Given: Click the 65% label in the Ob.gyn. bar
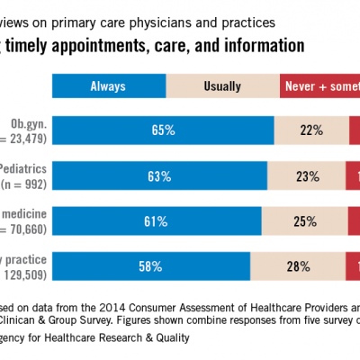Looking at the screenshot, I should click(x=163, y=130).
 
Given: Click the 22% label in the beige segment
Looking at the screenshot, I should click(x=312, y=130).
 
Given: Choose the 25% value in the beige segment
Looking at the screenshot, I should click(x=304, y=221).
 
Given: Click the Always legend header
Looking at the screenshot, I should click(x=107, y=86).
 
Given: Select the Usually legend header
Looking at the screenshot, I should click(x=222, y=86).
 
